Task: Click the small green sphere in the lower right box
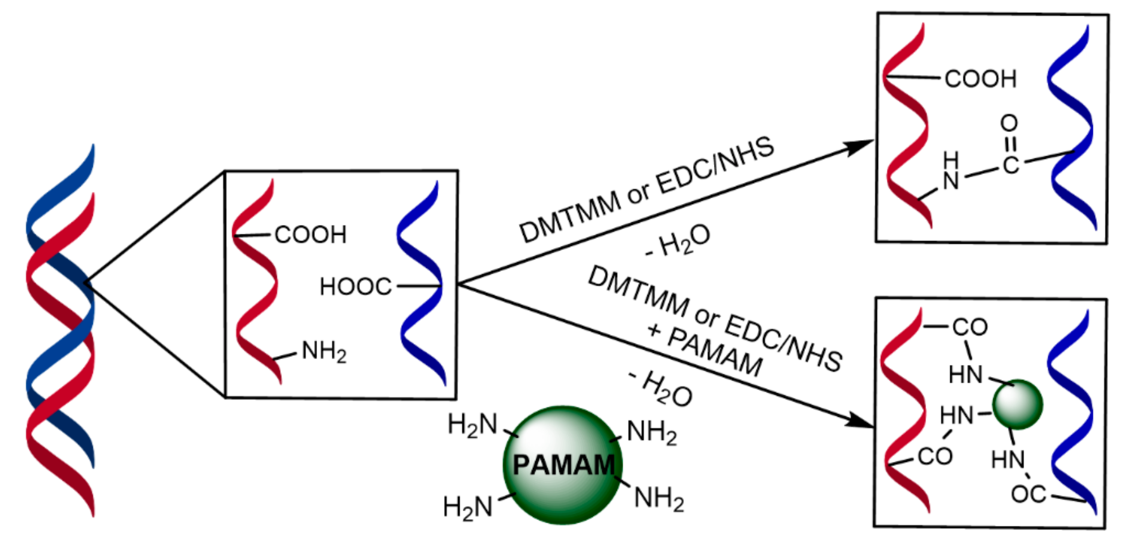click(x=1017, y=404)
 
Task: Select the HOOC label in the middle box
click(x=355, y=286)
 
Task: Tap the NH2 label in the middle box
click(x=324, y=352)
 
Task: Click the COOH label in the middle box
click(x=310, y=235)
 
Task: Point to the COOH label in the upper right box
click(x=980, y=79)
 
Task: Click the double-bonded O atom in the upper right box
click(x=1009, y=123)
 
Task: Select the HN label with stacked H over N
click(x=951, y=171)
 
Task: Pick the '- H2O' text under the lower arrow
click(x=661, y=388)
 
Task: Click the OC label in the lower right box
click(x=1028, y=494)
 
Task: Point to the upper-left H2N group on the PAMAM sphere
click(x=472, y=425)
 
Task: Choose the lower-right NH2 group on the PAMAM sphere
click(x=659, y=499)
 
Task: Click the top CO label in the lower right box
click(x=970, y=327)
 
